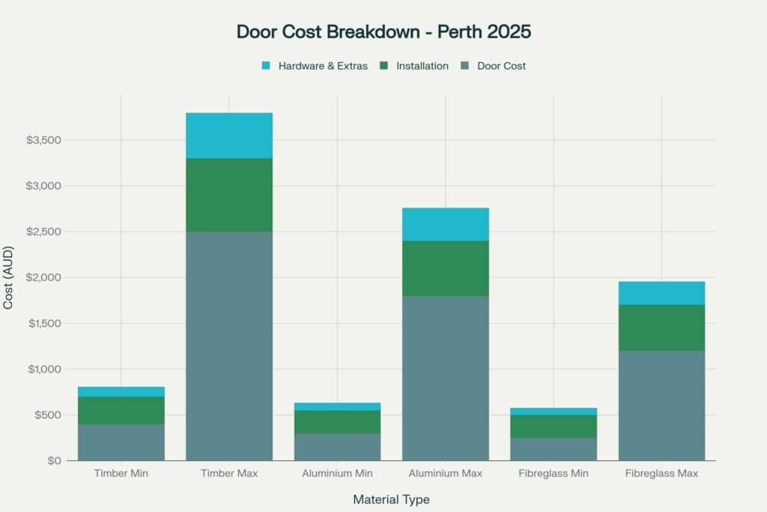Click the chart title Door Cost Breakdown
click(x=383, y=31)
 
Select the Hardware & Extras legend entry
click(x=322, y=66)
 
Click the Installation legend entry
click(x=422, y=66)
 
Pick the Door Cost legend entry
click(x=500, y=66)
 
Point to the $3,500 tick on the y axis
click(x=43, y=140)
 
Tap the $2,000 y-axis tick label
click(x=43, y=277)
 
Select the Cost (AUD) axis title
click(x=9, y=277)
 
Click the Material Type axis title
click(x=391, y=499)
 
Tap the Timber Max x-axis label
click(x=229, y=474)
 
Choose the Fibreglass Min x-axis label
click(x=554, y=474)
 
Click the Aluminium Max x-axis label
click(x=446, y=474)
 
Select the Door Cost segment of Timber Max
click(x=229, y=346)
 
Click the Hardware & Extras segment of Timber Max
click(x=229, y=136)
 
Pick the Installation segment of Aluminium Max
click(x=446, y=268)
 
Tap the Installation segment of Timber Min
click(x=121, y=410)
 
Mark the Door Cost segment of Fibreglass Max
click(x=661, y=406)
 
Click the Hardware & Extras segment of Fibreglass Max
click(x=661, y=293)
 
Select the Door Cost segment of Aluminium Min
click(x=337, y=447)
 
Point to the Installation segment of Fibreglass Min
click(x=554, y=426)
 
